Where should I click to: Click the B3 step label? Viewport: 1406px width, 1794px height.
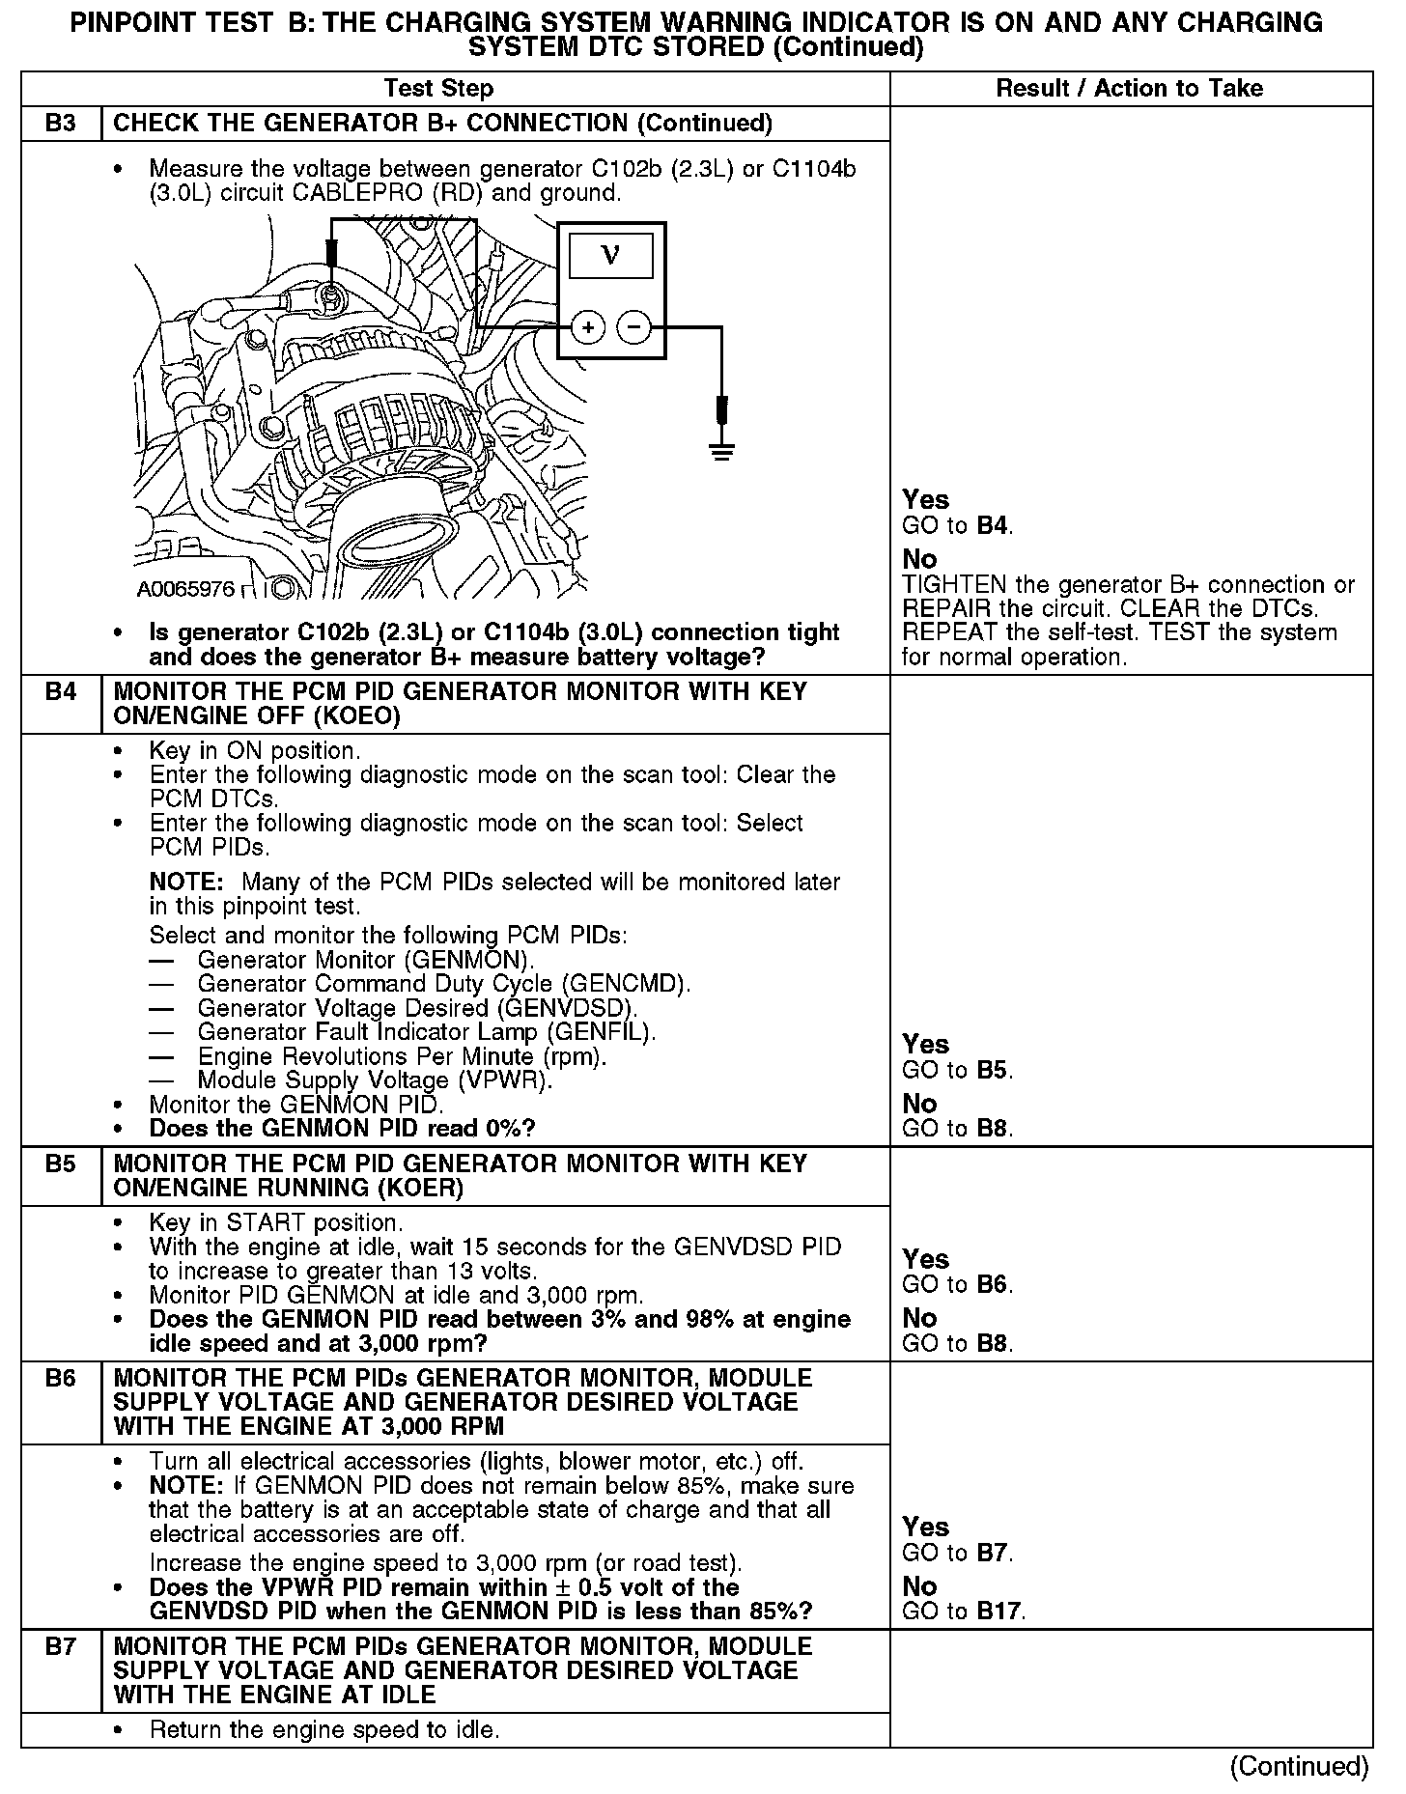pos(60,124)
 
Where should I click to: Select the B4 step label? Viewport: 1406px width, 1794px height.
pos(60,692)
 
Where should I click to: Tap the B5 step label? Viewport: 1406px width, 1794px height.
pos(60,1163)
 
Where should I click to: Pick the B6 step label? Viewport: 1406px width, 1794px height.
pos(60,1378)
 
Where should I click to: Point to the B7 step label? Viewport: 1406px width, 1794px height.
pos(60,1646)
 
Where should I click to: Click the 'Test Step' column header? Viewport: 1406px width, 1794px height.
pos(438,89)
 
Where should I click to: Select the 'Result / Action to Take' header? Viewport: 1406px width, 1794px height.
pos(1129,89)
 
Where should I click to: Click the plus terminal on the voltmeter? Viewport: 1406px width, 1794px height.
pos(587,328)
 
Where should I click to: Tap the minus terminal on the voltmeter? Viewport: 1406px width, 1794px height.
pos(633,328)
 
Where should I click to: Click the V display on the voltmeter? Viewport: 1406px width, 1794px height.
pos(610,256)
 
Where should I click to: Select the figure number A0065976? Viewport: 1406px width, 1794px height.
pos(185,589)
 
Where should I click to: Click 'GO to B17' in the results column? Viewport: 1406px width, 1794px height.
pos(964,1611)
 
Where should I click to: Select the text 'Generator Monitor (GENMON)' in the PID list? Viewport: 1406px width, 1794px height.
pos(365,960)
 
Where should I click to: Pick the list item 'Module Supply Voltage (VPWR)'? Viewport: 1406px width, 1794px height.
pos(375,1080)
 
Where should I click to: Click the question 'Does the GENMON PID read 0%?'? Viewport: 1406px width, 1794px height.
pos(342,1129)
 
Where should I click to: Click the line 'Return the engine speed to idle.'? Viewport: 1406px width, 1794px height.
pos(324,1729)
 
